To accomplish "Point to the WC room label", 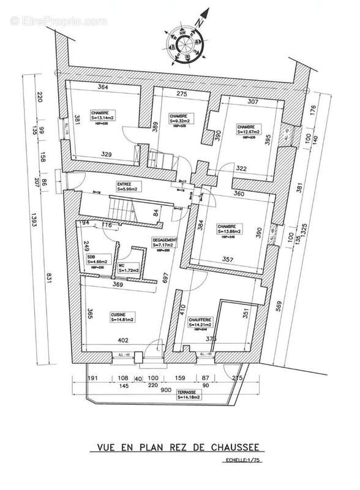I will [x=122, y=265].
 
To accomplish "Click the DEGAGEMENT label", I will [x=165, y=239].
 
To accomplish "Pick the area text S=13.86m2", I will [x=230, y=232].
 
